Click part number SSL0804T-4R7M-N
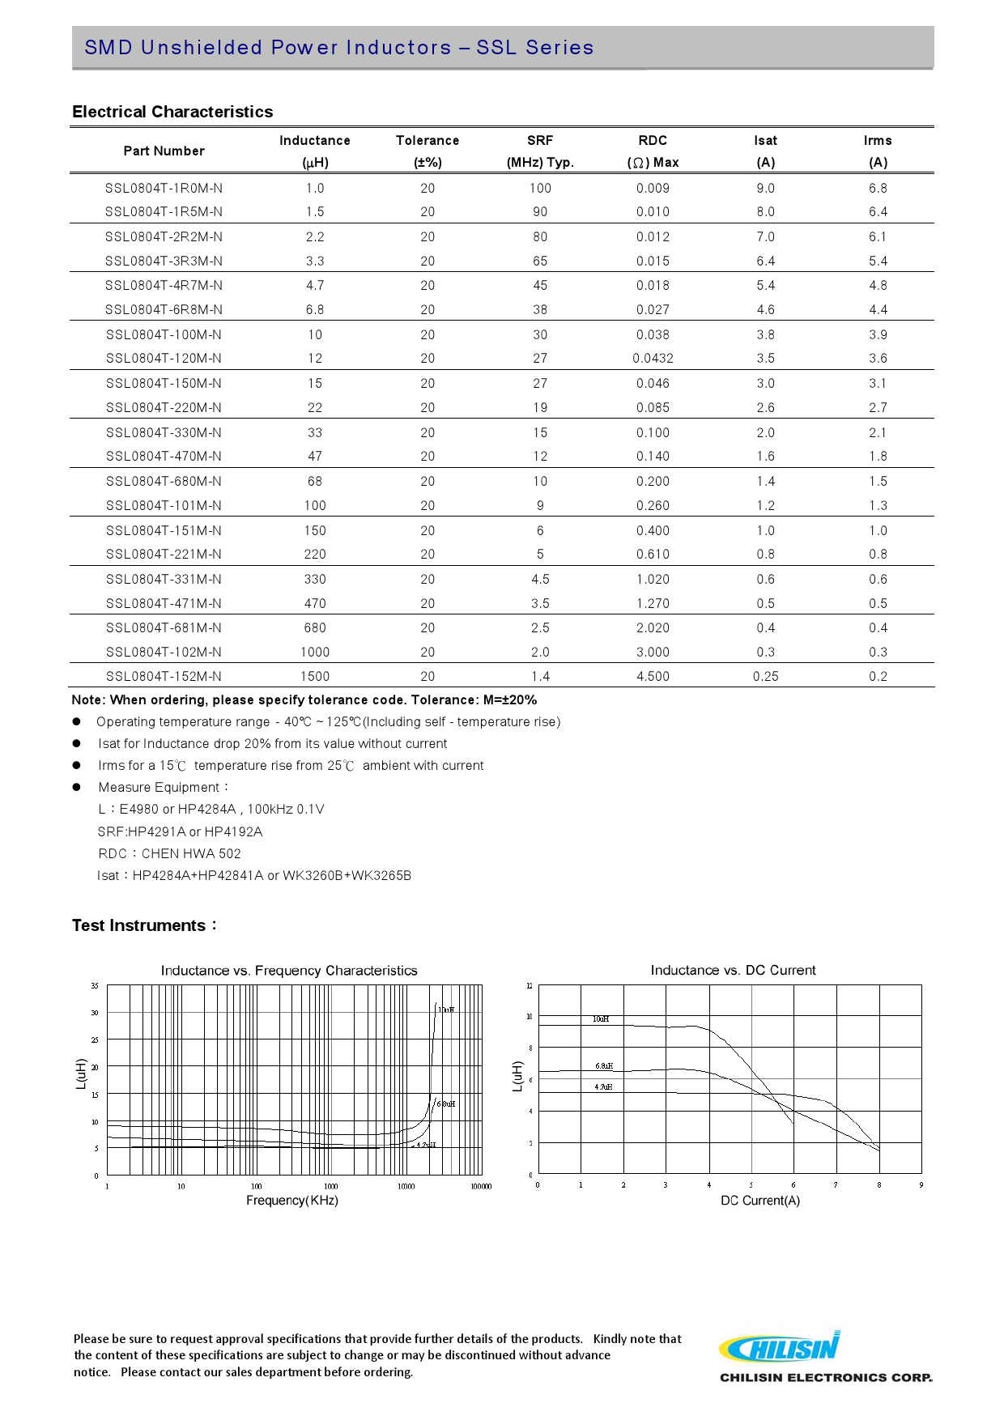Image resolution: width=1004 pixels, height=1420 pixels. pyautogui.click(x=164, y=286)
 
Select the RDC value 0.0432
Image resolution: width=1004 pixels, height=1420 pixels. pyautogui.click(x=653, y=359)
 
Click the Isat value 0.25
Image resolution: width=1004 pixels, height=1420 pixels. pyautogui.click(x=765, y=677)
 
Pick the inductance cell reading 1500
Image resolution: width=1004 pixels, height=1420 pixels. pyautogui.click(x=315, y=677)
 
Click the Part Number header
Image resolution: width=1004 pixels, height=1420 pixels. pyautogui.click(x=164, y=151)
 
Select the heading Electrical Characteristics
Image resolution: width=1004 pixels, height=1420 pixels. pyautogui.click(x=172, y=112)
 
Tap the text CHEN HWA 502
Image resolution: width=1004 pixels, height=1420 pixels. pyautogui.click(x=191, y=854)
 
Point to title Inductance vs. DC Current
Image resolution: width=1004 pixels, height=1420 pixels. pyautogui.click(x=733, y=970)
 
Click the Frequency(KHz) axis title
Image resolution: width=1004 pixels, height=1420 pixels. pyautogui.click(x=292, y=1201)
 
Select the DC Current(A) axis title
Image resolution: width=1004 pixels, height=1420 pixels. pyautogui.click(x=759, y=1201)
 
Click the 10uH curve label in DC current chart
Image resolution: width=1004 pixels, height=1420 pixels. pyautogui.click(x=601, y=1019)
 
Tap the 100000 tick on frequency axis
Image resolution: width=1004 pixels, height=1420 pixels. pyautogui.click(x=481, y=1187)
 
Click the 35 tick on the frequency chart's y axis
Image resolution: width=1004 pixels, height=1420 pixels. pyautogui.click(x=95, y=986)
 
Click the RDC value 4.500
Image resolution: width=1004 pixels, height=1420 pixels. pyautogui.click(x=653, y=677)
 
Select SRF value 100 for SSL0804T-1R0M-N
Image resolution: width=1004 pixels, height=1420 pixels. pyautogui.click(x=540, y=189)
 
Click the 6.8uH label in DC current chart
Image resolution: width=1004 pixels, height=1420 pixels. pyautogui.click(x=604, y=1066)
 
